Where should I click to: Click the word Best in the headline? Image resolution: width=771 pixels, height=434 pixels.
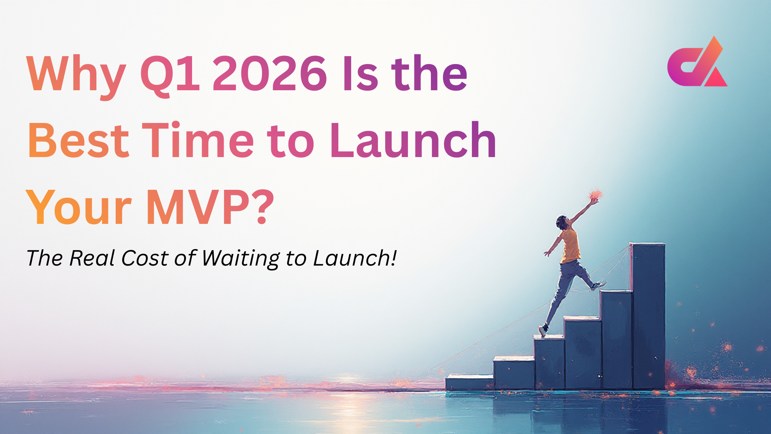[78, 141]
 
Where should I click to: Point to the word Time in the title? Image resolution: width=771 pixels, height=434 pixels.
[198, 141]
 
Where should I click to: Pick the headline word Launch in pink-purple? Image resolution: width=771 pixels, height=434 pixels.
[413, 141]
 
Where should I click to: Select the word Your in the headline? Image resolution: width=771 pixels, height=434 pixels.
[79, 207]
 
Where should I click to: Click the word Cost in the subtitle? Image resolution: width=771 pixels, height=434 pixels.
[145, 258]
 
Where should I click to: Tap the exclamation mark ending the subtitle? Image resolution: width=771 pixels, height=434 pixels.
[393, 258]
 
